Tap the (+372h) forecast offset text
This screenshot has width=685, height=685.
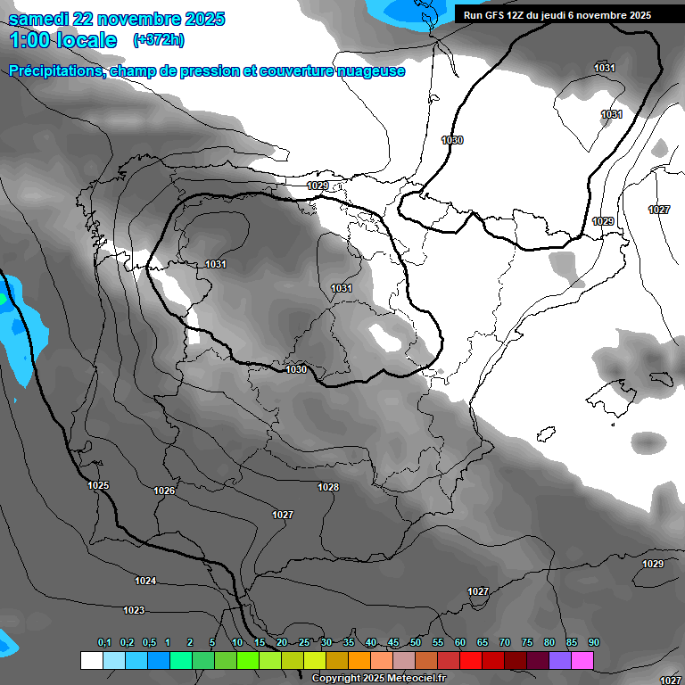(158, 40)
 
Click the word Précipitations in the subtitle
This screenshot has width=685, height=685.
(56, 70)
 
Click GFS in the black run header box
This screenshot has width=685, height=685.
(494, 15)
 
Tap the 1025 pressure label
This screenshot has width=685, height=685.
(98, 485)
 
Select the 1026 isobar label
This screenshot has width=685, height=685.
(164, 491)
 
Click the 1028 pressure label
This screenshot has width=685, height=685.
(328, 486)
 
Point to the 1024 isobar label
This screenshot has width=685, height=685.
(145, 581)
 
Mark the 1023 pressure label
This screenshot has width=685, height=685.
(134, 610)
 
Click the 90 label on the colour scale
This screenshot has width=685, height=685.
(593, 643)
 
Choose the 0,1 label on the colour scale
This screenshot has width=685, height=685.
(104, 643)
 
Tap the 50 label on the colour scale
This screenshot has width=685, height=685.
(416, 643)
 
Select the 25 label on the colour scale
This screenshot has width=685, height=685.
(304, 643)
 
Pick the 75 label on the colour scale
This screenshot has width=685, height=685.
(527, 643)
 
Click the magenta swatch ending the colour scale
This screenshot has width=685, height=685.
(582, 660)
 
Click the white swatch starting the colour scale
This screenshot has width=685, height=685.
(91, 660)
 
